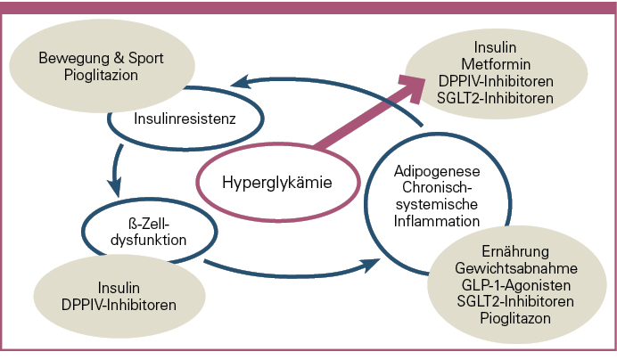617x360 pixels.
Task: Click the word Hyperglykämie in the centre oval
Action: click(x=276, y=184)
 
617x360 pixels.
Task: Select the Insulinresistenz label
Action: click(x=185, y=118)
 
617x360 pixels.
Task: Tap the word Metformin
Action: click(x=496, y=63)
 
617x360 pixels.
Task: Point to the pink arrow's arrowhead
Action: click(x=413, y=86)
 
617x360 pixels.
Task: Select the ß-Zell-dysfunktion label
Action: click(x=150, y=231)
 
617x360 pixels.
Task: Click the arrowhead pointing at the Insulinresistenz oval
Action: click(x=234, y=85)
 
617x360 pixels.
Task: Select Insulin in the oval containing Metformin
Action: click(x=496, y=47)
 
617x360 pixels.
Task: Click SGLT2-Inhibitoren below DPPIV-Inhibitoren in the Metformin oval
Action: click(x=496, y=96)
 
